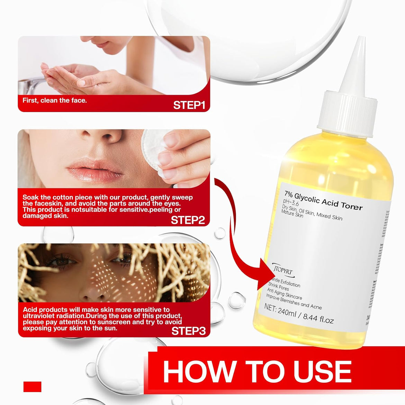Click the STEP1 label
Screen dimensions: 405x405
pyautogui.click(x=189, y=105)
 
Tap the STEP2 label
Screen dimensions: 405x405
pyautogui.click(x=188, y=220)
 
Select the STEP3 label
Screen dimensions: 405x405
pyautogui.click(x=188, y=331)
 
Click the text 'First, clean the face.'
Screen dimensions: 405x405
pyautogui.click(x=55, y=100)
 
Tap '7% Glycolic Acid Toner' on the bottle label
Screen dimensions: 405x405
pyautogui.click(x=323, y=201)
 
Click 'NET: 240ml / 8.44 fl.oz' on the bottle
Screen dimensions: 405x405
pyautogui.click(x=299, y=314)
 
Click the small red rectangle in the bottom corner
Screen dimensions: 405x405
pyautogui.click(x=32, y=387)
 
